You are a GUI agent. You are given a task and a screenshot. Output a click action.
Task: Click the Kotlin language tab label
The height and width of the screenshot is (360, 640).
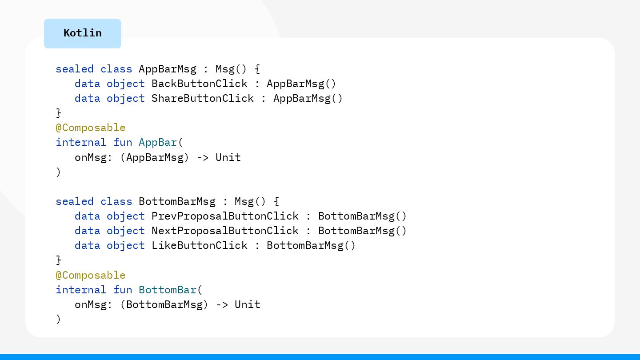[83, 33]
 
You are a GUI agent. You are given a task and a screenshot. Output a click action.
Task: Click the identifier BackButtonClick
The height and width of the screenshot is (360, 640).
[200, 84]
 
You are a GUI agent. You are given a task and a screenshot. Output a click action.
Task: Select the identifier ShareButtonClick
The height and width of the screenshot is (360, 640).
[203, 98]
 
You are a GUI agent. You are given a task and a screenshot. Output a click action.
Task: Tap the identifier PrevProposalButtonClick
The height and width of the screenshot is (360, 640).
[225, 216]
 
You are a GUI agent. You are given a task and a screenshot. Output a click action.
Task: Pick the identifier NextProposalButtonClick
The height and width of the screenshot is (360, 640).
[225, 231]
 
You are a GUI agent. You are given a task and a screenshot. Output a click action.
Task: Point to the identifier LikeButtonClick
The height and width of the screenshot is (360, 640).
[200, 245]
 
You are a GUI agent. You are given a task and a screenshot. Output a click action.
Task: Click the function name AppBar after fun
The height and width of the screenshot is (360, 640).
[158, 142]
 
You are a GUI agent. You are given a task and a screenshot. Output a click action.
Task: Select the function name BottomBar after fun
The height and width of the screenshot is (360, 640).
[168, 290]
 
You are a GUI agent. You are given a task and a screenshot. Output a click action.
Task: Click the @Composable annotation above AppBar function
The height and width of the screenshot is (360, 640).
[91, 128]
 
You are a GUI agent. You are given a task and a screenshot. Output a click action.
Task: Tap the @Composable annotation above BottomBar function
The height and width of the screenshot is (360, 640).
[91, 275]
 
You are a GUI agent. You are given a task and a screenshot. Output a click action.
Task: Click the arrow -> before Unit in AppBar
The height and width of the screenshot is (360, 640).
[203, 157]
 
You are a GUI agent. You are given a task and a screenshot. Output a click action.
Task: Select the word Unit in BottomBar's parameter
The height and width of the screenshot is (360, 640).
[248, 304]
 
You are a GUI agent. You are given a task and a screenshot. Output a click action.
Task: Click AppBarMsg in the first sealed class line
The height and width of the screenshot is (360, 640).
[168, 69]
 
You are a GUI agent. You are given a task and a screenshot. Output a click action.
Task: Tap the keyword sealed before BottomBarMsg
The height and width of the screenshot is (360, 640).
[75, 201]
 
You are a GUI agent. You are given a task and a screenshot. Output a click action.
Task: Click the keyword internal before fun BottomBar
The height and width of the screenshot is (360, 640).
[81, 290]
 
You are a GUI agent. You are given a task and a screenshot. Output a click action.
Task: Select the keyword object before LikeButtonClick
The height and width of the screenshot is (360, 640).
[126, 245]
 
